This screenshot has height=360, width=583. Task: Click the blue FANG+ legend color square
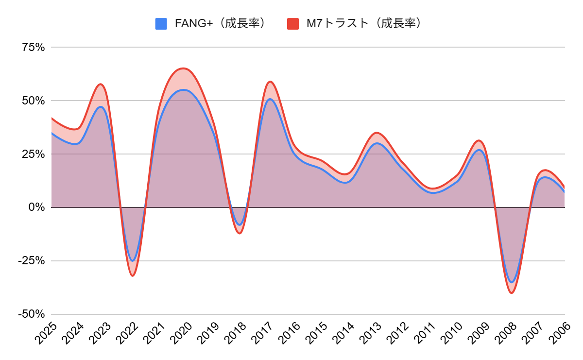coord(161,23)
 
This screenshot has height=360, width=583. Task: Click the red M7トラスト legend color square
coord(292,23)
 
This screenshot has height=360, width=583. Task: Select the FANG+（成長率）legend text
coord(220,23)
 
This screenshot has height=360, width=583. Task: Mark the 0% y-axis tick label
coord(36,207)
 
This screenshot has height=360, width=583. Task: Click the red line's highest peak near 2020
coord(183,68)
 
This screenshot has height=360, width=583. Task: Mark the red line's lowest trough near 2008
coord(511,293)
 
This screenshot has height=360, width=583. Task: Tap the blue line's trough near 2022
coord(132,261)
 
